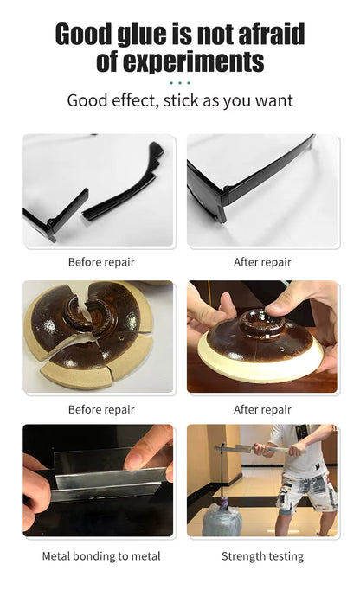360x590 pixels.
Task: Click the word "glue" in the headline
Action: click(x=142, y=35)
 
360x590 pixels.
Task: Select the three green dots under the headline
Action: click(x=180, y=83)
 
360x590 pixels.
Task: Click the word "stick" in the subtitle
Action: click(x=181, y=100)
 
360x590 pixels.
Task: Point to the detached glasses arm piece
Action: click(x=122, y=183)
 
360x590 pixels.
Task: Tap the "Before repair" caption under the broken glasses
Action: click(x=101, y=262)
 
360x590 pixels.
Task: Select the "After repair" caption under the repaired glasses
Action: click(x=262, y=262)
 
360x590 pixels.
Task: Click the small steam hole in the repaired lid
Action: click(x=281, y=349)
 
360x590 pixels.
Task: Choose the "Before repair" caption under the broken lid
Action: click(x=101, y=409)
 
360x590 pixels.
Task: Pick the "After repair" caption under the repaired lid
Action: click(x=262, y=409)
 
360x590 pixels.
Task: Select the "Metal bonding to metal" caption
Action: click(x=101, y=556)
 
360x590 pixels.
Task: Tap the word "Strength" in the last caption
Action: click(x=242, y=556)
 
